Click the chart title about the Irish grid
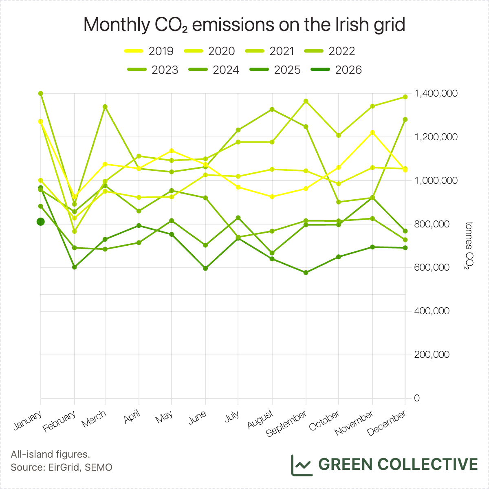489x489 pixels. tap(244, 25)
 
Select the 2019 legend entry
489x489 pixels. tap(149, 51)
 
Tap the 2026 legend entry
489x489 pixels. tap(336, 70)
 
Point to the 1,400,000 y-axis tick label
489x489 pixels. tap(436, 94)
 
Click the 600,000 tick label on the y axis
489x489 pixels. tap(432, 268)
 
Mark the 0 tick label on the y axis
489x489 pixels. tap(416, 398)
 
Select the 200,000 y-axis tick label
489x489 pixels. tap(432, 355)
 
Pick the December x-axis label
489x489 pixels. tap(387, 423)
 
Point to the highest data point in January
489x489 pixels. tap(41, 93)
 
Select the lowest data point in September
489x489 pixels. tap(306, 273)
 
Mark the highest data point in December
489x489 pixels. tap(405, 97)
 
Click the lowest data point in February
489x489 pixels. tap(75, 267)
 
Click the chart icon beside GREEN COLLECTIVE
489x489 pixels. tap(302, 465)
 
